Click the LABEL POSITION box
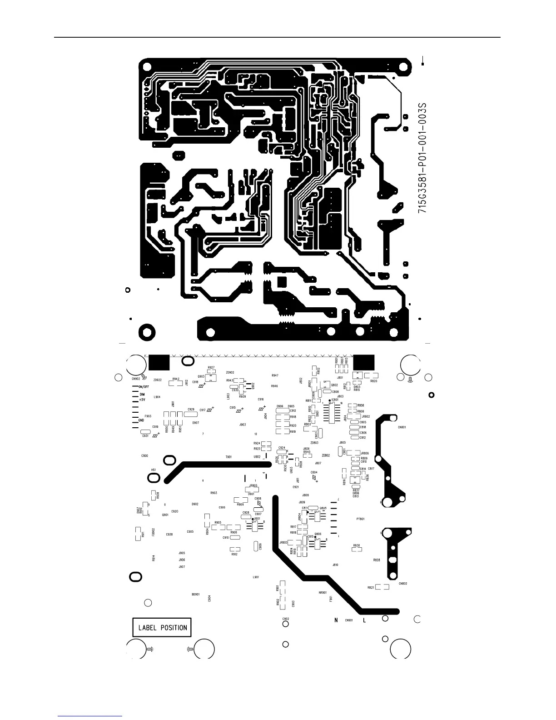pos(162,627)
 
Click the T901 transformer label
pos(228,457)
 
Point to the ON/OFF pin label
pos(144,387)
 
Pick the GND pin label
pos(141,420)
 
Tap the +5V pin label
pos(142,400)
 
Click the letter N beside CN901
pos(336,620)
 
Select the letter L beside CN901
pos(364,620)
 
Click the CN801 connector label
pos(402,427)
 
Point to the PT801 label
pos(360,519)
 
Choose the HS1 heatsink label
pos(154,470)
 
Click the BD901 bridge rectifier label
pos(196,595)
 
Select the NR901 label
pos(323,592)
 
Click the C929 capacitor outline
pos(191,415)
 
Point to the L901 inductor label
pos(256,577)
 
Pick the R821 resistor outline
pos(382,587)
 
